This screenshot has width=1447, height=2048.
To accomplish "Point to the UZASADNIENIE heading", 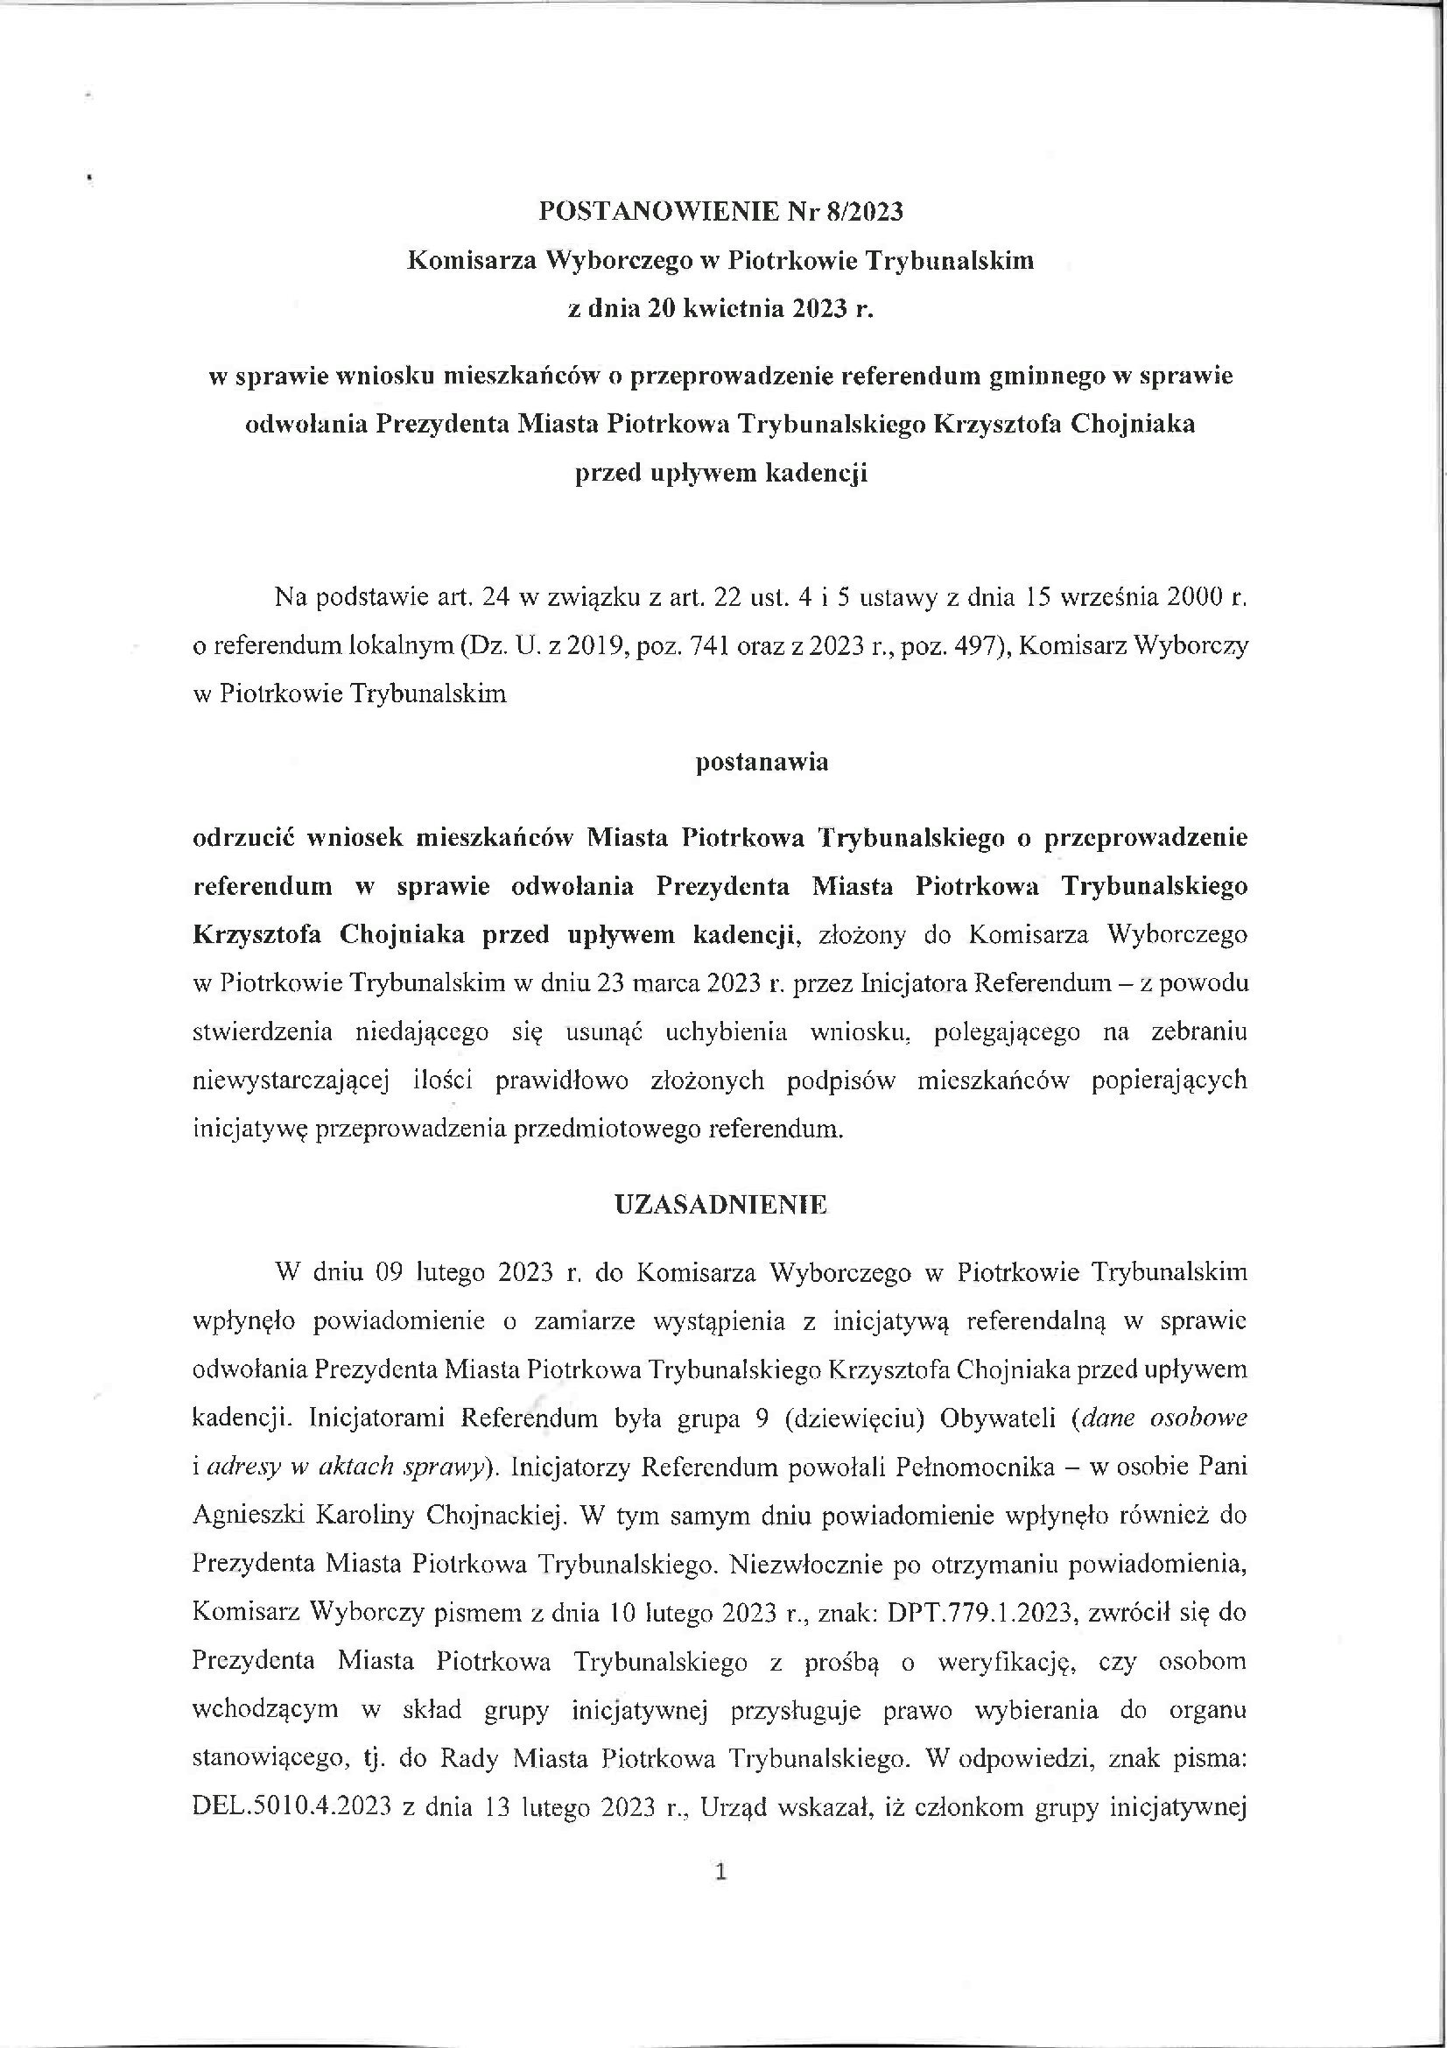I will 721,1205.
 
